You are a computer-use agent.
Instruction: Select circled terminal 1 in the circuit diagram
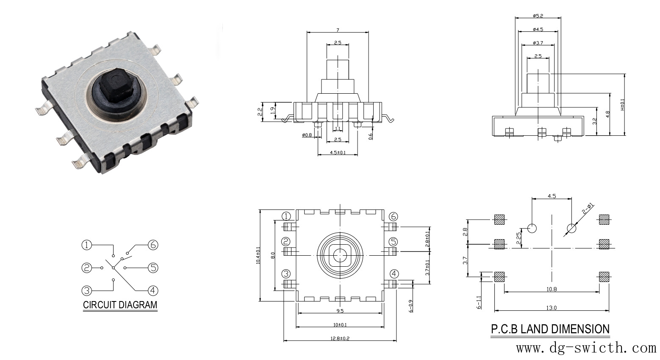pyautogui.click(x=86, y=245)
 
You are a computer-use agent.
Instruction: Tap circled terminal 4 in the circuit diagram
pyautogui.click(x=153, y=290)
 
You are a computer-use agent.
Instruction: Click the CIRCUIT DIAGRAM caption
pyautogui.click(x=120, y=305)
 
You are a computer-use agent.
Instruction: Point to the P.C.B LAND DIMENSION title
pyautogui.click(x=550, y=329)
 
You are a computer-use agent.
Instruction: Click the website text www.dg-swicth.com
pyautogui.click(x=586, y=349)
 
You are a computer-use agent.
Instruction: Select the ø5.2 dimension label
pyautogui.click(x=538, y=16)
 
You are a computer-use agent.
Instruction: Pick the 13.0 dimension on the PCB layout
pyautogui.click(x=552, y=308)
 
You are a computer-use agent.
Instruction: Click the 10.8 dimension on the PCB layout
pyautogui.click(x=552, y=289)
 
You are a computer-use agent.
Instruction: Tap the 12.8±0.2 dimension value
pyautogui.click(x=340, y=338)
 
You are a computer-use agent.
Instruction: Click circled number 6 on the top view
pyautogui.click(x=394, y=217)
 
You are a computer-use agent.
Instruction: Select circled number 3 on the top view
pyautogui.click(x=286, y=273)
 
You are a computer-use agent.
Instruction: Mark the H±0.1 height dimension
pyautogui.click(x=622, y=105)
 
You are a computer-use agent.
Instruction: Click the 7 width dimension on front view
pyautogui.click(x=338, y=30)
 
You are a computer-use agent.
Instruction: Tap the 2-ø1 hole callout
pyautogui.click(x=588, y=209)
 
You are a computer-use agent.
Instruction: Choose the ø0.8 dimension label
pyautogui.click(x=307, y=135)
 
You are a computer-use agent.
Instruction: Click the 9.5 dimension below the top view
pyautogui.click(x=340, y=311)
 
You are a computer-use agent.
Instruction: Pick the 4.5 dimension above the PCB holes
pyautogui.click(x=552, y=196)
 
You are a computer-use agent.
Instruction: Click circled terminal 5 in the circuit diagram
pyautogui.click(x=153, y=268)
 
